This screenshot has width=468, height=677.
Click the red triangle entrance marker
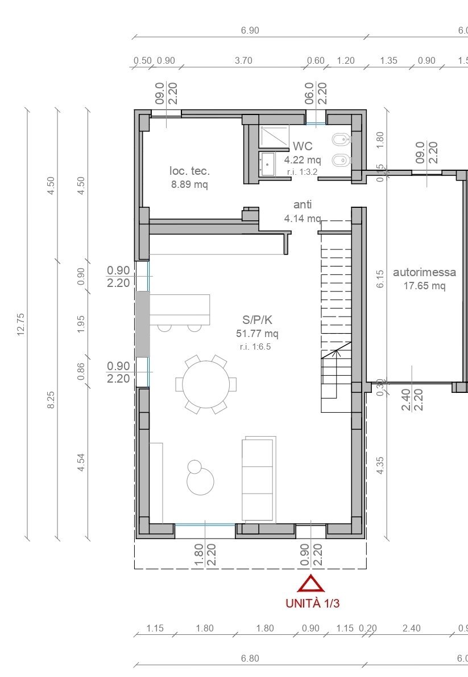pyautogui.click(x=310, y=584)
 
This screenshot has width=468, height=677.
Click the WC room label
pyautogui.click(x=303, y=147)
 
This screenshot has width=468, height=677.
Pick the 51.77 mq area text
pyautogui.click(x=257, y=334)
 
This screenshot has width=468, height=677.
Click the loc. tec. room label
pyautogui.click(x=189, y=171)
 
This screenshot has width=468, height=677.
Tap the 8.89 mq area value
pyautogui.click(x=189, y=184)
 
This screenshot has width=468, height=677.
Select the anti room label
pyautogui.click(x=303, y=204)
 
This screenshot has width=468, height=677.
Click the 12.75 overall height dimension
pyautogui.click(x=22, y=324)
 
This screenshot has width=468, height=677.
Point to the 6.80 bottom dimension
pyautogui.click(x=250, y=658)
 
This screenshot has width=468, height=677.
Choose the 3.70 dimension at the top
pyautogui.click(x=243, y=61)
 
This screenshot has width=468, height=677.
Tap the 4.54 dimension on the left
pyautogui.click(x=81, y=462)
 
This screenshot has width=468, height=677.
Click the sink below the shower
pyautogui.click(x=267, y=165)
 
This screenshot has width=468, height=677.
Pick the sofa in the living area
pyautogui.click(x=259, y=479)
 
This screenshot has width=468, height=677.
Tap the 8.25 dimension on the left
pyautogui.click(x=51, y=399)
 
